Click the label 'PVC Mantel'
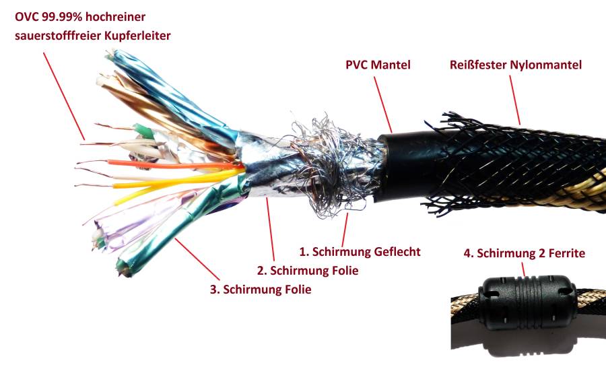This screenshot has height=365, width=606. coord(377,65)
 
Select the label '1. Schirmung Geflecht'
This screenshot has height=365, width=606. coord(360,252)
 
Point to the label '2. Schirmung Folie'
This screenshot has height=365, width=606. coord(308,271)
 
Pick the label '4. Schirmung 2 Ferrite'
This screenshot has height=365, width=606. coord(525,254)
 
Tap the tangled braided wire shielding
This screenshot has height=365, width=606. coord(316,162)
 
